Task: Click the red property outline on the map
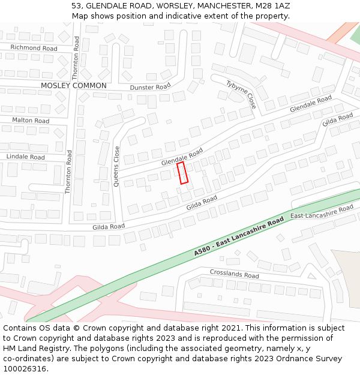183,173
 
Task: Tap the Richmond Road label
34,48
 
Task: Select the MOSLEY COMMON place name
73,86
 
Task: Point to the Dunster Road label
150,87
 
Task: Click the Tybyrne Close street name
242,94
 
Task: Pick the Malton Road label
31,121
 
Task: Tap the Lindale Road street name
25,157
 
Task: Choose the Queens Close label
117,167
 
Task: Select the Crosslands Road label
234,274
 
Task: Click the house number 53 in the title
76,5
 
